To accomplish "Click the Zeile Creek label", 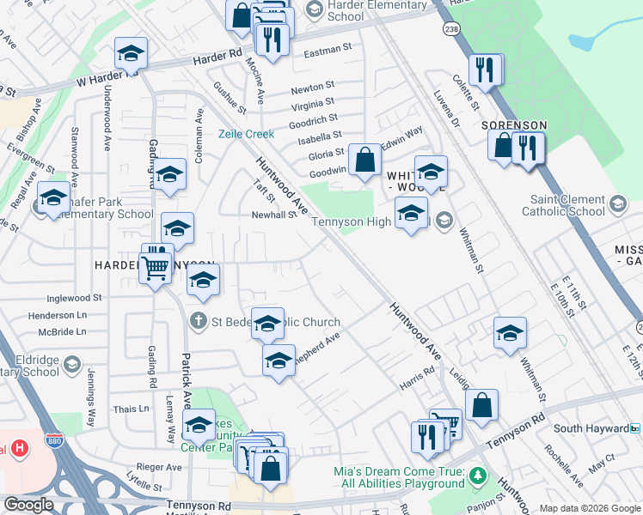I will click(246, 134).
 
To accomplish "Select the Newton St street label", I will click(312, 88).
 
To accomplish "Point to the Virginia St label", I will click(312, 105).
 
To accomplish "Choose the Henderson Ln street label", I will click(58, 315).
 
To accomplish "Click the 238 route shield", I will click(450, 28).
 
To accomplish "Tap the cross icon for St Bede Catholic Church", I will click(198, 322).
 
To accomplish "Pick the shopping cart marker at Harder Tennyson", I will click(155, 269).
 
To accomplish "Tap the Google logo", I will click(29, 506).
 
